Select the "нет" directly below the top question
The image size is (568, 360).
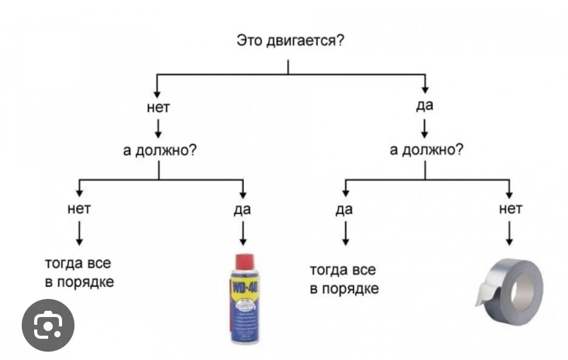(x=158, y=108)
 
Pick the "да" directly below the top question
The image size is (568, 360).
(x=425, y=106)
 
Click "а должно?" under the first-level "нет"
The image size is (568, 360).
(x=159, y=151)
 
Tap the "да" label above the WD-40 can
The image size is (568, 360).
(x=242, y=209)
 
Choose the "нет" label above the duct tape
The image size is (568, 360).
(x=510, y=208)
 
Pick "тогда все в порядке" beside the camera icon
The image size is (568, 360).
(x=79, y=273)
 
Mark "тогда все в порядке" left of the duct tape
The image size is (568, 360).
(x=343, y=279)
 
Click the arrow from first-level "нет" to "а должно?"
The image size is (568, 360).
(x=158, y=127)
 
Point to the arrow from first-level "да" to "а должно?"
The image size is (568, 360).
(x=425, y=127)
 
